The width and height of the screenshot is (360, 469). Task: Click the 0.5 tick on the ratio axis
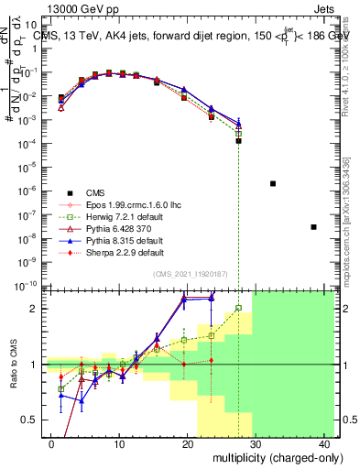[32, 420]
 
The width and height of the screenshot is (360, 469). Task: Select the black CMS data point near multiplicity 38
[314, 226]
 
